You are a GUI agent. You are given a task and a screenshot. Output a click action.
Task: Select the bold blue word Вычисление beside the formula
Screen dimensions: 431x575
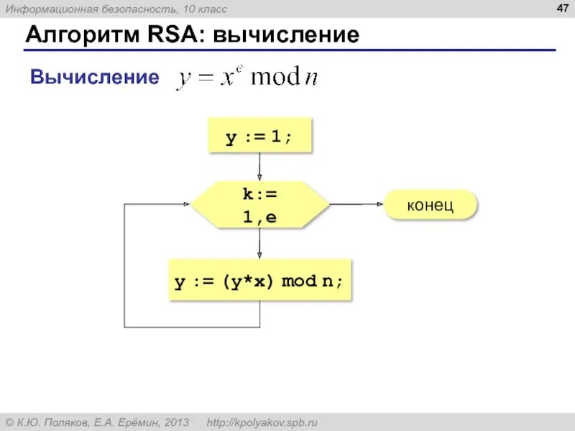[x=94, y=78]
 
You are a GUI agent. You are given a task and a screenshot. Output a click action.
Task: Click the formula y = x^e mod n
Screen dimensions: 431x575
[x=247, y=78]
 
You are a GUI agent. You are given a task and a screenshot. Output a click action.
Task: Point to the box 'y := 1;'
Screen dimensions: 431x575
[x=259, y=136]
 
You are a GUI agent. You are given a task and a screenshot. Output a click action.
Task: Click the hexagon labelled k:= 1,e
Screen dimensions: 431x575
[x=259, y=205]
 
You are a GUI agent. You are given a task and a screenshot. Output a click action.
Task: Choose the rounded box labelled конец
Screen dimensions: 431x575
[x=431, y=205]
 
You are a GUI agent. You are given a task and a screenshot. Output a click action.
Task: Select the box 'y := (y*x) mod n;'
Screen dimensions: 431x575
[x=259, y=280]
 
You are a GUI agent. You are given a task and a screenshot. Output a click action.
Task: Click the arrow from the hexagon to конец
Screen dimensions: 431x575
[x=357, y=205]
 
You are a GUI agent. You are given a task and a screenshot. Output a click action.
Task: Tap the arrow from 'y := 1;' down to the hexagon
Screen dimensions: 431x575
[x=259, y=167]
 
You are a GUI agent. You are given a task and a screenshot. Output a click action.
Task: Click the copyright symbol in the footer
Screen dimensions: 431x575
[x=10, y=422]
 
